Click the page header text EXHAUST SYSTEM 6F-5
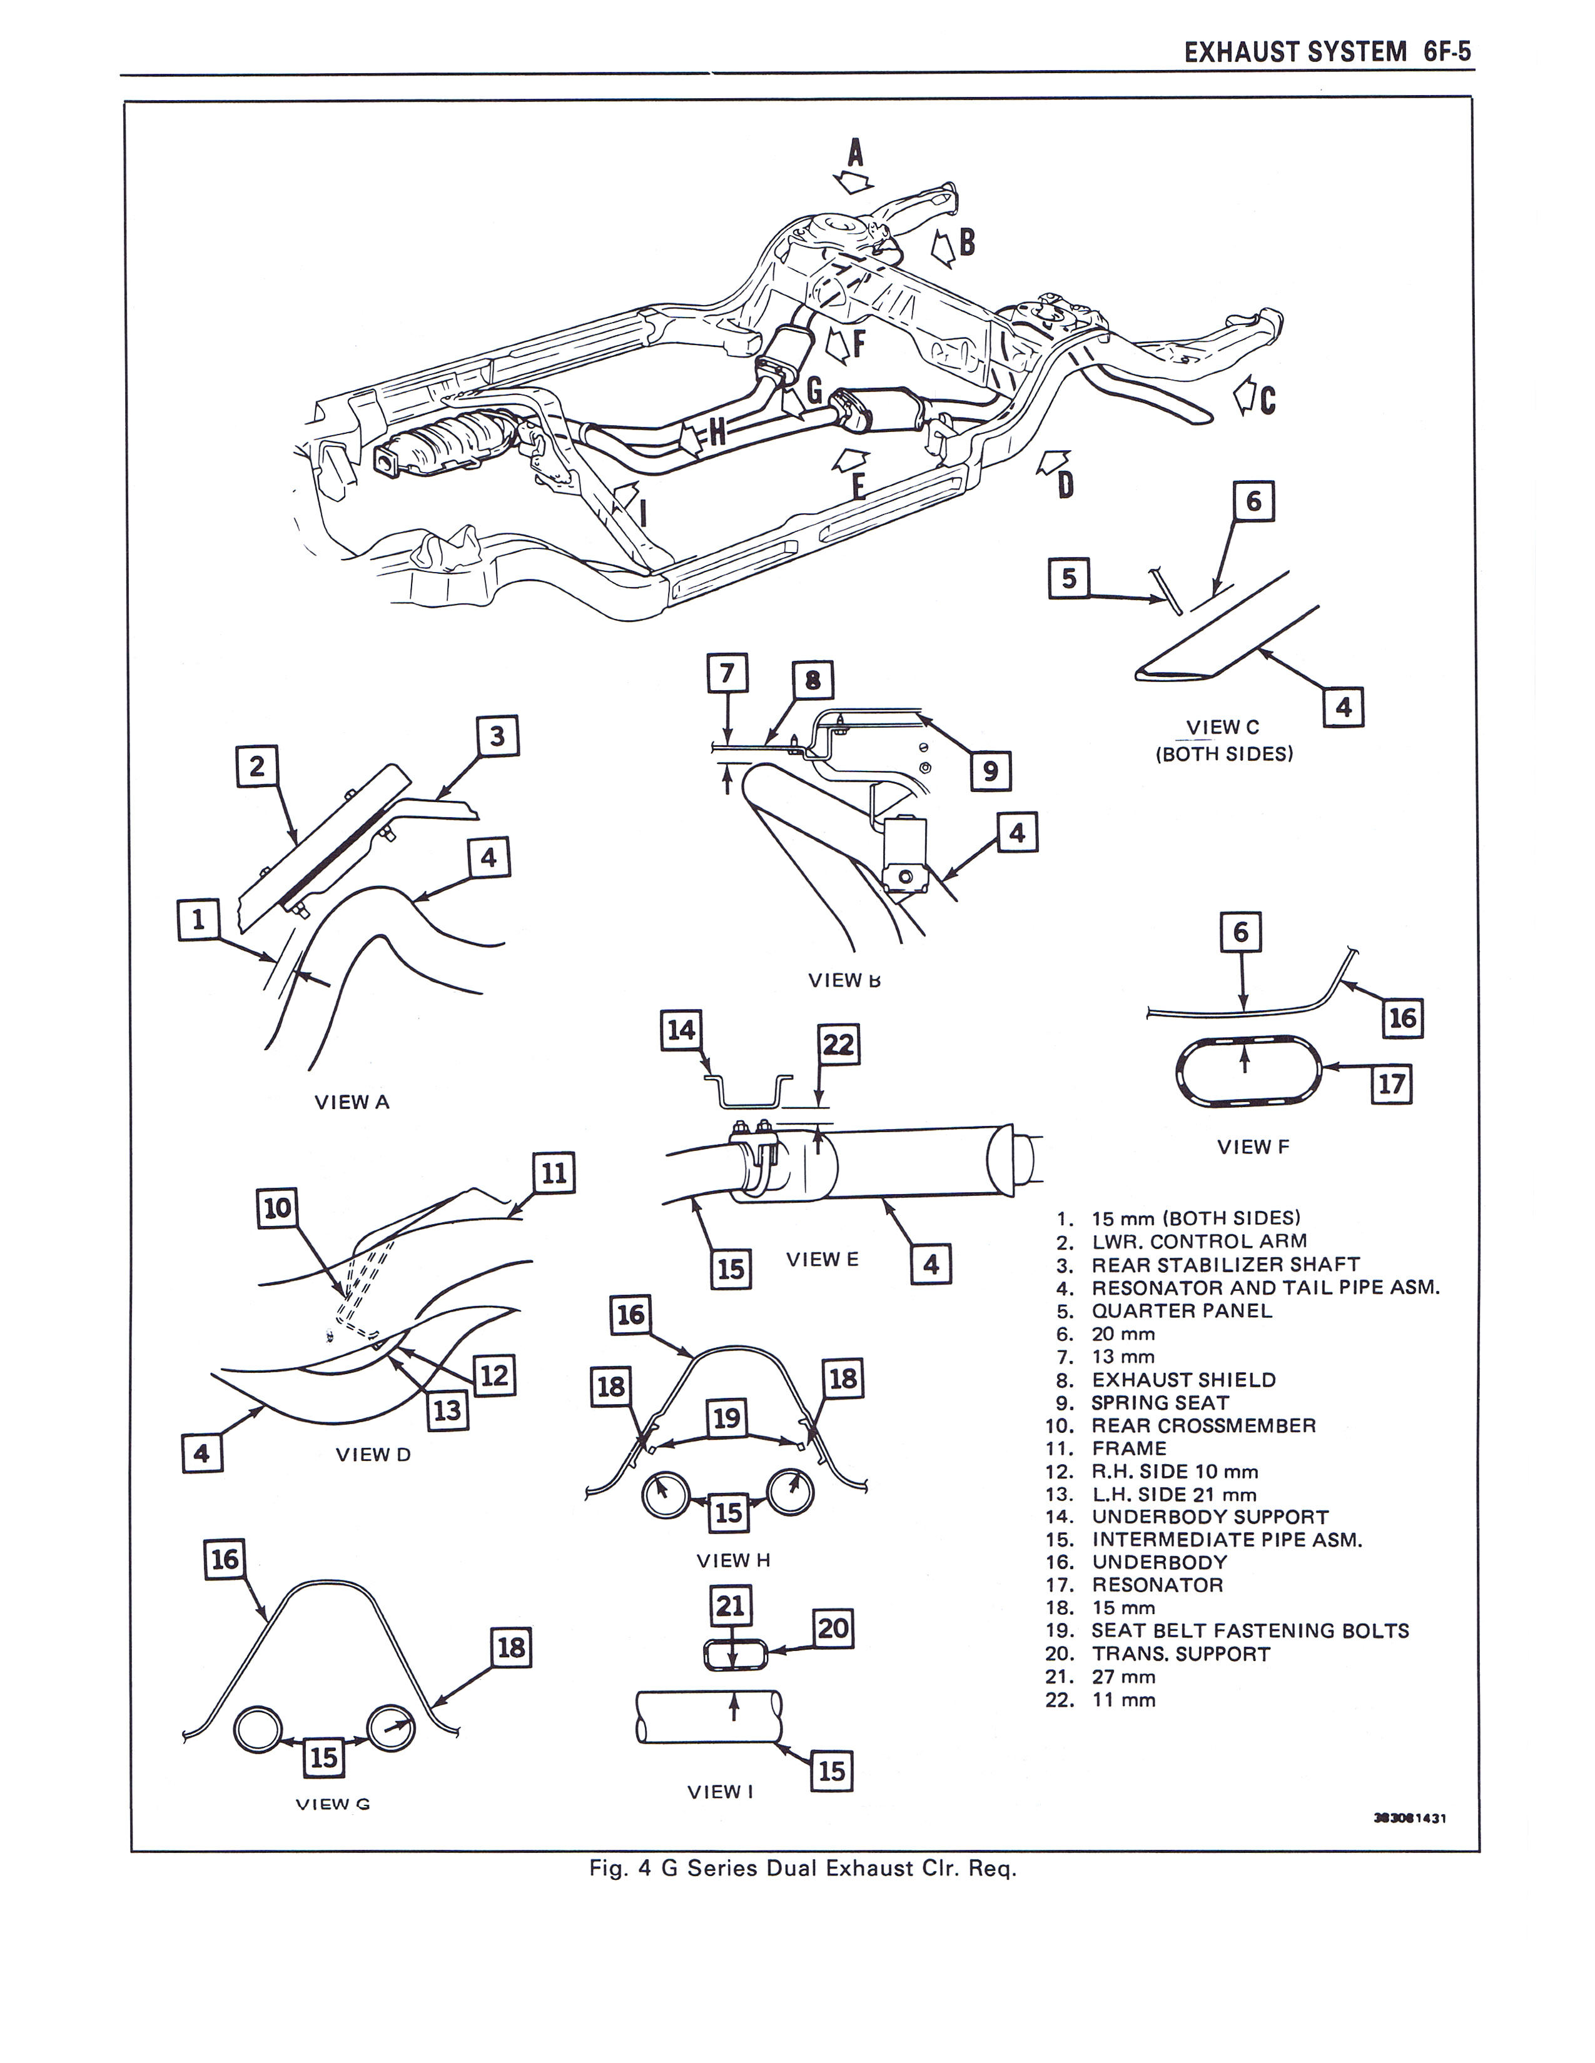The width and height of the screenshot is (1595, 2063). point(1327,52)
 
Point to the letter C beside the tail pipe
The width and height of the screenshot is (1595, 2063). point(1267,401)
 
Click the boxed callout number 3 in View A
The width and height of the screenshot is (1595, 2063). point(498,736)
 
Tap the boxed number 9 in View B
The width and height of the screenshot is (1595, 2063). point(990,771)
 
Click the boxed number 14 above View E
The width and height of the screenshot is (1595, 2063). point(681,1030)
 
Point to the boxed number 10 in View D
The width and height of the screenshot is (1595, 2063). point(278,1208)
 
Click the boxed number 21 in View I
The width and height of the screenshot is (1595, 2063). point(731,1606)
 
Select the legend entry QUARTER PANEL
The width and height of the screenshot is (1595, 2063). point(1181,1311)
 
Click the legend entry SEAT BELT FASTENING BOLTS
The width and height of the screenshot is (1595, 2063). point(1249,1630)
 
